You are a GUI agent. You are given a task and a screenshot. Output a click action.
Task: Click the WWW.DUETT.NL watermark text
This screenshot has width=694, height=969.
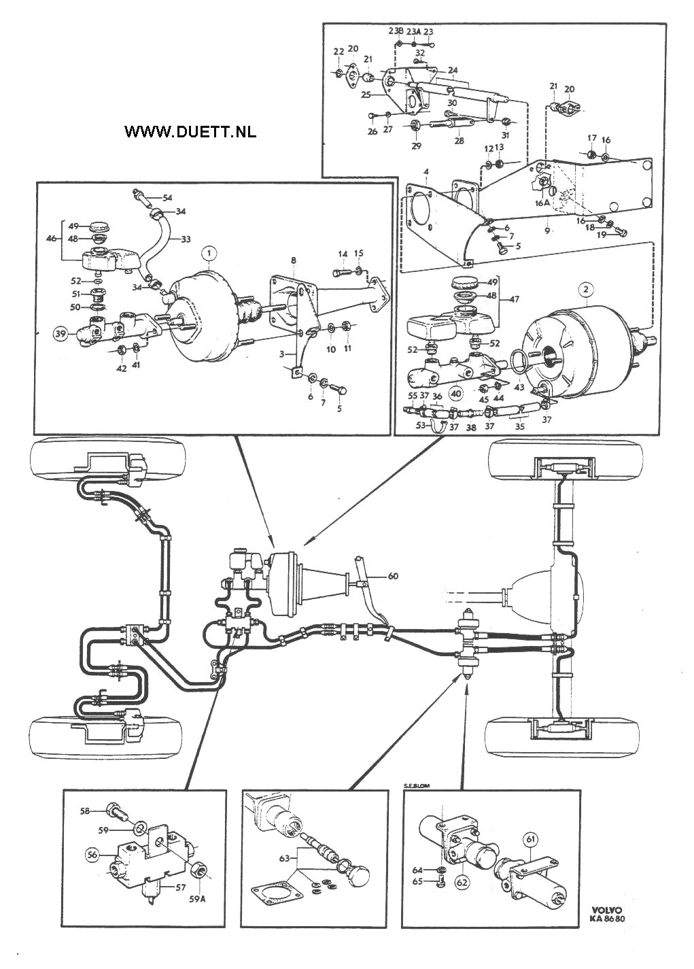pyautogui.click(x=190, y=132)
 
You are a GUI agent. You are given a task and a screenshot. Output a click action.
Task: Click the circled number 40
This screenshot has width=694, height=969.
pyautogui.click(x=456, y=392)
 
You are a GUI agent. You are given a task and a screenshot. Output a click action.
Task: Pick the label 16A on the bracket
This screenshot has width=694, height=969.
pyautogui.click(x=542, y=203)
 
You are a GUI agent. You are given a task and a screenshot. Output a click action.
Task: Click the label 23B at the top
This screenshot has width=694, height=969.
pyautogui.click(x=396, y=31)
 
